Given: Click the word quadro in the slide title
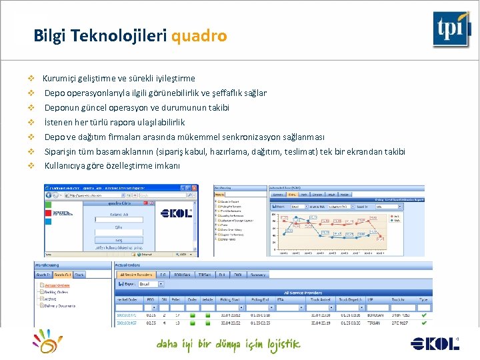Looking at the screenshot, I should (x=199, y=35).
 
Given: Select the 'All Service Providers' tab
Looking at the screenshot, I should (x=134, y=275).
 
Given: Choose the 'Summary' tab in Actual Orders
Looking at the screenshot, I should (x=259, y=275).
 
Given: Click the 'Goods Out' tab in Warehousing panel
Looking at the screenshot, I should (x=63, y=275).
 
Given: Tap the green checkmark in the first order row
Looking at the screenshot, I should (x=425, y=316).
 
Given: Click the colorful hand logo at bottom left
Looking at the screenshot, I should (x=49, y=342).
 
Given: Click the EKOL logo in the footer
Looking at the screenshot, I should (x=435, y=343).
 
